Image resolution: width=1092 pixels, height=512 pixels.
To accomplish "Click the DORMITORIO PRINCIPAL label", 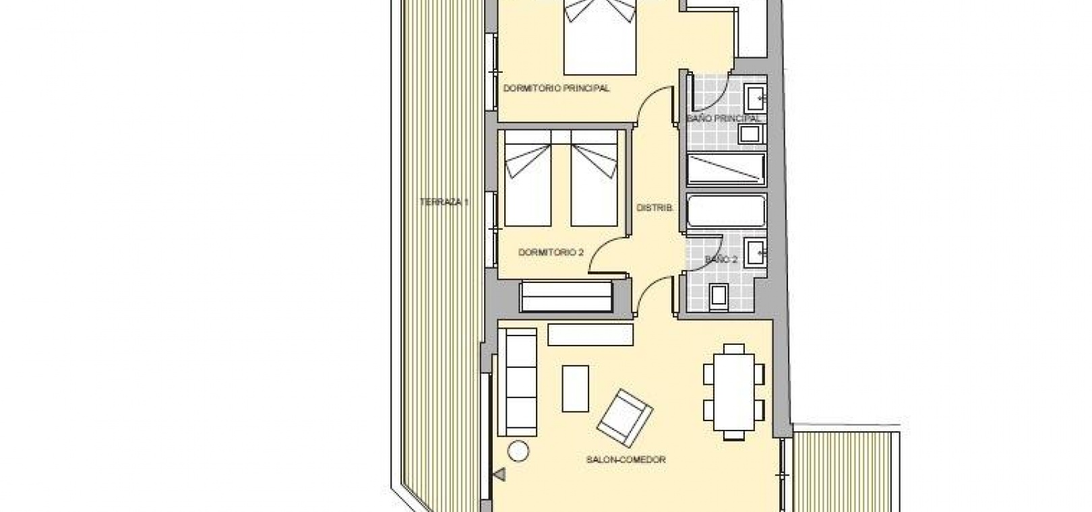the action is coord(556,89).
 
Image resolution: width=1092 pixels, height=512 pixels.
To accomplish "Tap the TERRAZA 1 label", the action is coord(444,201).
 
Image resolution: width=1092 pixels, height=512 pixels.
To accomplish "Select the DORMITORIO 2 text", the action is coord(551,253).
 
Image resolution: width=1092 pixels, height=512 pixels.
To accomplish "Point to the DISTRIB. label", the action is coord(655,208).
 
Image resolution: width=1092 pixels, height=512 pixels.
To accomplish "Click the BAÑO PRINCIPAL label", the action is coord(723,119).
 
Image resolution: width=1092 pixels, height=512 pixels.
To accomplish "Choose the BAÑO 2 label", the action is coord(721,259).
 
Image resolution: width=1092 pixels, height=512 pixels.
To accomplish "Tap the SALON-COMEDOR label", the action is coord(626,459).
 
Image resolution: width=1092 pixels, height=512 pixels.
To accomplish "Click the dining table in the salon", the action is coord(734,392).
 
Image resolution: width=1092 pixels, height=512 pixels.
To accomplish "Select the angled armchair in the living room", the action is coord(625,418).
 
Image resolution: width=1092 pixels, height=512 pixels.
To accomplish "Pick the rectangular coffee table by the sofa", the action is coord(575,389).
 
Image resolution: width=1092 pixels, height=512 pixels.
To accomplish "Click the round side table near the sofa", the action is coord(518,451).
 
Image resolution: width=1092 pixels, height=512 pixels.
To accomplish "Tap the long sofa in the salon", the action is coord(517,382).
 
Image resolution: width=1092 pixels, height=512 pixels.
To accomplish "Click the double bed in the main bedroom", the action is coord(600,37).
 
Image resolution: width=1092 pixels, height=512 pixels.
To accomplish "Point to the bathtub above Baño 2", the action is coord(726,210).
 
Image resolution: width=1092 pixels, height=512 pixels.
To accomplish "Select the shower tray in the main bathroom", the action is coord(726,170).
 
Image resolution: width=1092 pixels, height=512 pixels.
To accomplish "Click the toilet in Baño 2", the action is coord(719,296).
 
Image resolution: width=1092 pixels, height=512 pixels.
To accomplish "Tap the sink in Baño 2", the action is coord(756,252).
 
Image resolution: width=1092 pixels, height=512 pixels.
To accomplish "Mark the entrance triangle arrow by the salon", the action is coord(500,474).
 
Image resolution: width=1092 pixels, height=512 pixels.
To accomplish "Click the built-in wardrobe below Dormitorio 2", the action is coord(566,296).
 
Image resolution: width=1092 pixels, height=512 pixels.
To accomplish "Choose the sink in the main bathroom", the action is coord(756,98).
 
